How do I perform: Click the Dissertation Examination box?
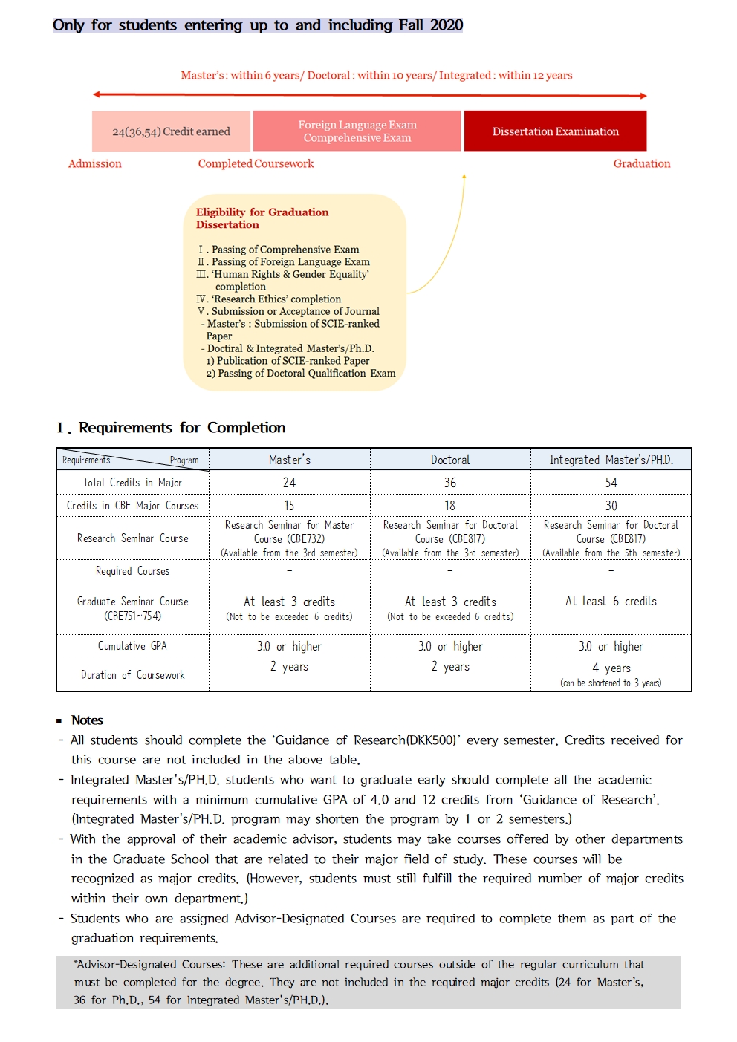[555, 131]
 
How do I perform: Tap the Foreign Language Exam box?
[357, 131]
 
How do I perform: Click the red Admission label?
[94, 163]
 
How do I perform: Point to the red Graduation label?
[641, 163]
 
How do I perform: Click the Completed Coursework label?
[256, 163]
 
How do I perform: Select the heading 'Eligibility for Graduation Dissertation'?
[262, 218]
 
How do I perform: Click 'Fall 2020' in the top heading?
[431, 25]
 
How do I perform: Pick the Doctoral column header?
[450, 460]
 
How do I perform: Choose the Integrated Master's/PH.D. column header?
[611, 460]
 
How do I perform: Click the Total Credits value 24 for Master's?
[289, 483]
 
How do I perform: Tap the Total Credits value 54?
[611, 483]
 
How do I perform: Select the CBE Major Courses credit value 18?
[450, 506]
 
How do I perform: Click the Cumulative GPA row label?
[132, 646]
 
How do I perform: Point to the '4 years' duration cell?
[611, 668]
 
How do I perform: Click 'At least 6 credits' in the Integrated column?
[611, 601]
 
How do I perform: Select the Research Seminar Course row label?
[132, 538]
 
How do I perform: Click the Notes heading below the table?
[87, 720]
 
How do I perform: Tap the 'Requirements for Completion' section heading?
[182, 428]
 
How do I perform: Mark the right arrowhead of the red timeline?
[643, 96]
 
